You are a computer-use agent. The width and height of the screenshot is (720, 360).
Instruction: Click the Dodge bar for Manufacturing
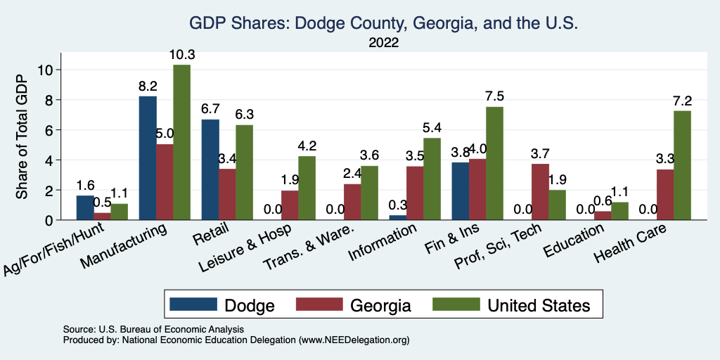[x=148, y=158]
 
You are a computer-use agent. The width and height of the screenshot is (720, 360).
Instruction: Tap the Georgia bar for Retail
[x=227, y=194]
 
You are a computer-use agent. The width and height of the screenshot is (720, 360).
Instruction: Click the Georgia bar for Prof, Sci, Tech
[x=540, y=192]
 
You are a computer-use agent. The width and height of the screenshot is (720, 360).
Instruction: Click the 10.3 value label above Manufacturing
[x=181, y=54]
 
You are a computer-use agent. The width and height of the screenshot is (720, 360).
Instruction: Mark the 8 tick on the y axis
[x=49, y=100]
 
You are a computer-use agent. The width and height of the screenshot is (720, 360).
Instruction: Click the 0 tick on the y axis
[x=49, y=220]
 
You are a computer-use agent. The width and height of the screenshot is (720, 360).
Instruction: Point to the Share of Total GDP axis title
[x=22, y=138]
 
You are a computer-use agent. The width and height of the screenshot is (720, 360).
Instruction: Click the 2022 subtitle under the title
[x=383, y=43]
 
